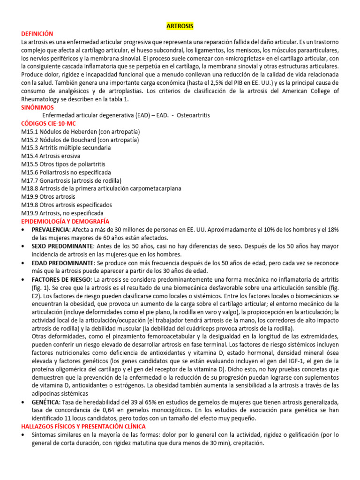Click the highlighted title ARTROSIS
point(180,25)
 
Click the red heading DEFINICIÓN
point(37,34)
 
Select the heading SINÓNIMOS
point(37,107)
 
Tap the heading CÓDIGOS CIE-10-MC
point(48,123)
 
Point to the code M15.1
point(29,132)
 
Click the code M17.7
point(29,180)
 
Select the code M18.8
point(29,188)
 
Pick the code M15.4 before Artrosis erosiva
point(29,156)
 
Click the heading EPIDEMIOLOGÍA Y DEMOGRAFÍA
point(65,221)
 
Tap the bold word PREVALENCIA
point(50,230)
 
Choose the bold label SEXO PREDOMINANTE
point(62,246)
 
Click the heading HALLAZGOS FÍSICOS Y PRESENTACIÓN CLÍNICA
point(83,426)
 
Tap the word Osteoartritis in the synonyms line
point(192,115)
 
